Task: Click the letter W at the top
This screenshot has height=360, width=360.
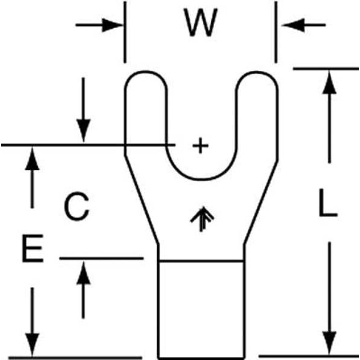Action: [x=200, y=25]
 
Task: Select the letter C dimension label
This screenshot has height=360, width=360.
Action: [x=77, y=207]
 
